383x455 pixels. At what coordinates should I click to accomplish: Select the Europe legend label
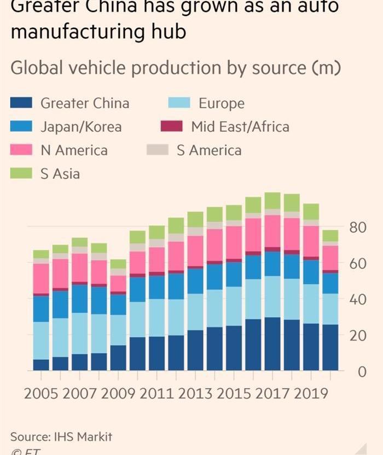tap(221, 103)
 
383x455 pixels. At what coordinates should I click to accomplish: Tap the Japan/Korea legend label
tap(81, 127)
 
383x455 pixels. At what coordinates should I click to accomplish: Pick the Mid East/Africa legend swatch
tap(171, 127)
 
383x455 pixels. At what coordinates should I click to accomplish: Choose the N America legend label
tap(74, 150)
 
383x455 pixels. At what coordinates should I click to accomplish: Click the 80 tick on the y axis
tap(357, 227)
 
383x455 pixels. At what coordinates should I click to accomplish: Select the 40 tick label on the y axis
tap(357, 299)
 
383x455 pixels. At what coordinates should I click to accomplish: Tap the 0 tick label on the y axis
tap(361, 372)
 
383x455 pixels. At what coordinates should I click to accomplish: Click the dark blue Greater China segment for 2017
tap(272, 343)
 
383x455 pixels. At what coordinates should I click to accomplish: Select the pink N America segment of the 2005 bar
tap(41, 278)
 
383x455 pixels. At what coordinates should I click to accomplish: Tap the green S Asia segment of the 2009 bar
tap(118, 264)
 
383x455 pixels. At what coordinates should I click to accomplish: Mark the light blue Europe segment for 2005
tap(41, 340)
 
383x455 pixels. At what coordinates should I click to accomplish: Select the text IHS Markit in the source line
tap(83, 436)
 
